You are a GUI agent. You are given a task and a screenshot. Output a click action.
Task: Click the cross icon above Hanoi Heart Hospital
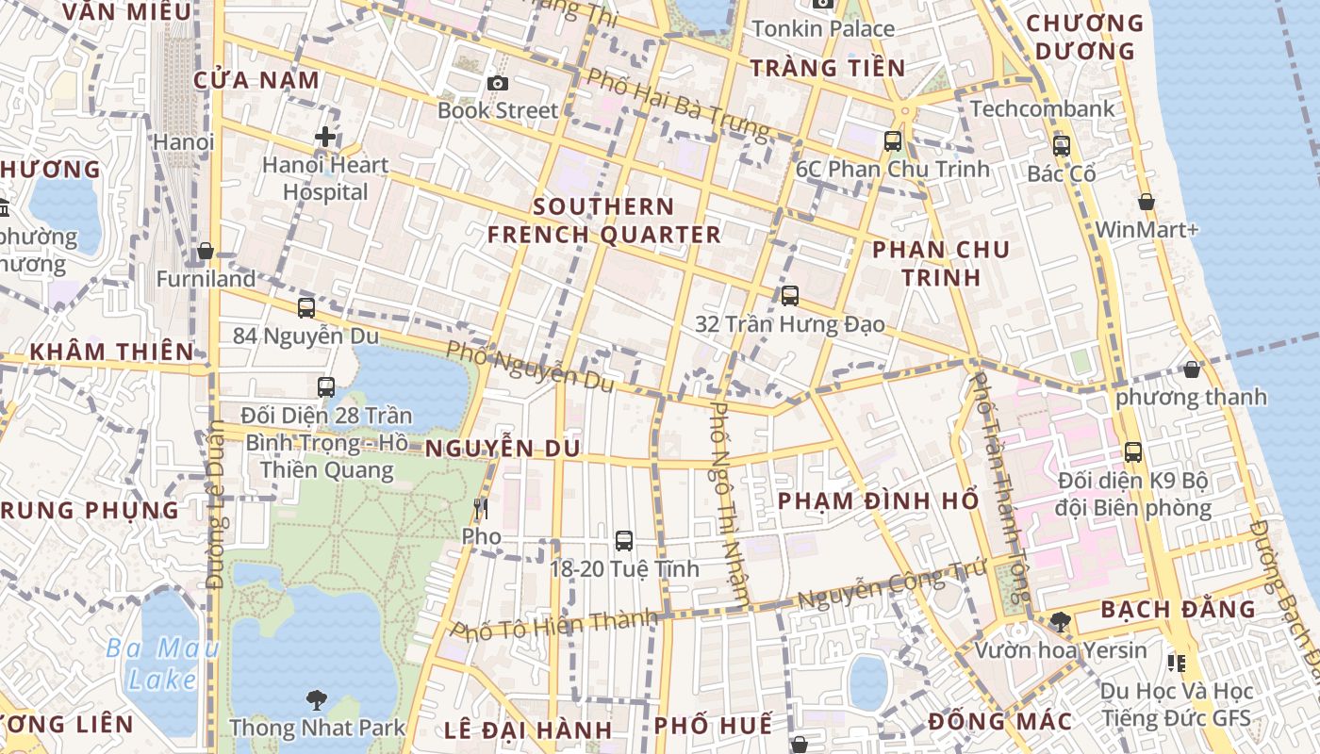[325, 138]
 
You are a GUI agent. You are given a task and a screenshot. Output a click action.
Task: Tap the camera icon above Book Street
[498, 84]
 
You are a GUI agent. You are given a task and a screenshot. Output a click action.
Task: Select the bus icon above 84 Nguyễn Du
[305, 308]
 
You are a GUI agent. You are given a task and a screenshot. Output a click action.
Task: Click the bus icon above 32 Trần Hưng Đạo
[790, 296]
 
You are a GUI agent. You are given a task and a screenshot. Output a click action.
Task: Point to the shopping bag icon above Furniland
[206, 252]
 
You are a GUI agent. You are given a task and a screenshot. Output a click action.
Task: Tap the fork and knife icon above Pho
[481, 510]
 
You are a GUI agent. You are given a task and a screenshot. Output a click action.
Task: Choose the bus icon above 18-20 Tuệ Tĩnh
[624, 541]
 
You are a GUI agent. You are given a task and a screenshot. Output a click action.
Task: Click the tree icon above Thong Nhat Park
[317, 700]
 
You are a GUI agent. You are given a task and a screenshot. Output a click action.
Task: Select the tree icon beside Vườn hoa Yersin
[1061, 622]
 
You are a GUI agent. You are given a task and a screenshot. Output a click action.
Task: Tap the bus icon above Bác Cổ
[1062, 146]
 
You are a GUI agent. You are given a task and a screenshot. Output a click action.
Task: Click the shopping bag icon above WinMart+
[1147, 202]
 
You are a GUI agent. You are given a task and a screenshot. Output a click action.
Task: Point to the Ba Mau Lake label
[162, 664]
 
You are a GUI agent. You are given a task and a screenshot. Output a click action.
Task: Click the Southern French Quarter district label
[603, 221]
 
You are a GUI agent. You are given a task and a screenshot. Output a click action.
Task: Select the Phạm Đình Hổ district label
[879, 501]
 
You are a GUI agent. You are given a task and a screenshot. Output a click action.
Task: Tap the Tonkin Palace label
[823, 29]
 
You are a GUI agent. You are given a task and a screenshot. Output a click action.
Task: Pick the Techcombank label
[1042, 108]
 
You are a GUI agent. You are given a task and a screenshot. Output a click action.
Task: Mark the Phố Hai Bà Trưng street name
[678, 102]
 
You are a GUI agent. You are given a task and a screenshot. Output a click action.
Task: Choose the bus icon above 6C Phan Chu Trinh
[892, 142]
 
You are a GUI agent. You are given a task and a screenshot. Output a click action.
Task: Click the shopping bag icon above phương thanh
[1192, 369]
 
